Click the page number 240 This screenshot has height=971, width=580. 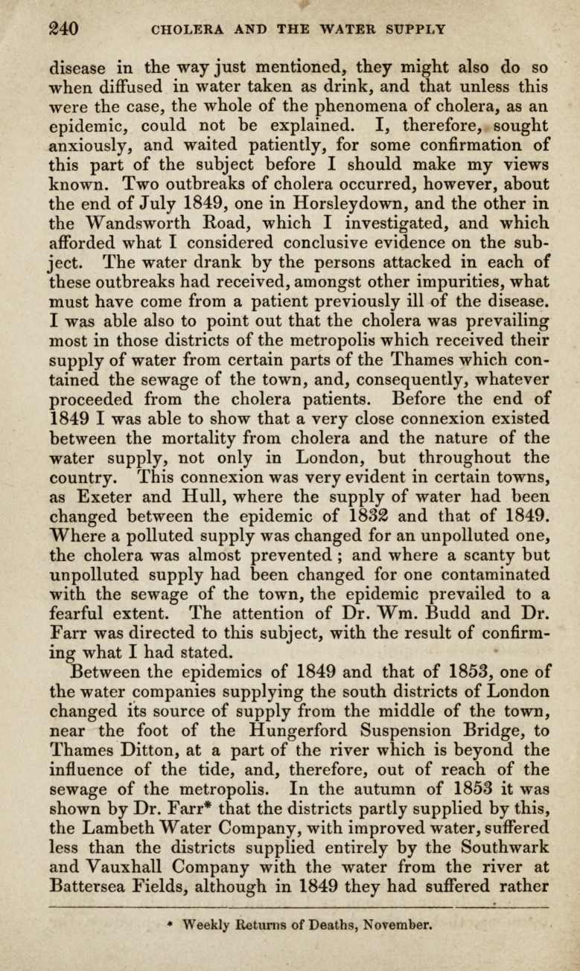[63, 30]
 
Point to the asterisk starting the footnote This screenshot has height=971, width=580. [170, 924]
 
